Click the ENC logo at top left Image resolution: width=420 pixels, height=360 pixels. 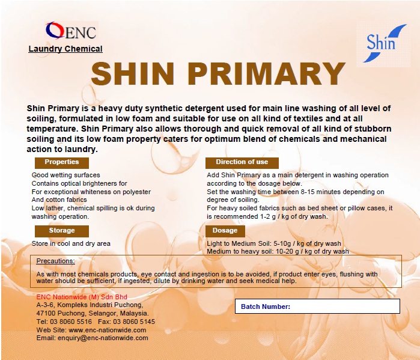click(71, 31)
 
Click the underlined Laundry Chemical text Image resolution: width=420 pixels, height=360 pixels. click(65, 49)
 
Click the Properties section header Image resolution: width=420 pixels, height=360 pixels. click(62, 162)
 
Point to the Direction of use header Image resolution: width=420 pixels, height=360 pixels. click(242, 162)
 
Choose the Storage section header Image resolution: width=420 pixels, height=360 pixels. click(62, 231)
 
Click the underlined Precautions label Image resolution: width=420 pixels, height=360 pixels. click(56, 261)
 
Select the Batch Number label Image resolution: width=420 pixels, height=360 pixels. click(266, 307)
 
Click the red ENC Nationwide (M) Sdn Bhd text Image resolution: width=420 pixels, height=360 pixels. click(82, 297)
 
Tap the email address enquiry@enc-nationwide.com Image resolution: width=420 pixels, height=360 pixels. click(108, 338)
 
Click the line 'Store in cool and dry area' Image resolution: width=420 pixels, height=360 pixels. click(71, 243)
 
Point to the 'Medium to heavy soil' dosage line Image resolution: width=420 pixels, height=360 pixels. click(278, 252)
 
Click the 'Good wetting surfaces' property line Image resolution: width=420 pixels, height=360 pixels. click(65, 175)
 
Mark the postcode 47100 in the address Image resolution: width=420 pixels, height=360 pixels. click(46, 313)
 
